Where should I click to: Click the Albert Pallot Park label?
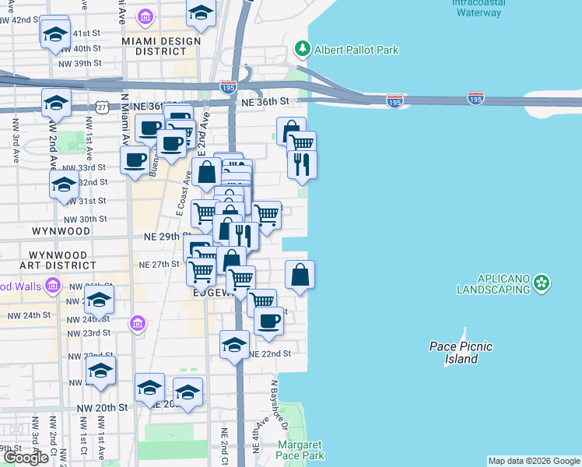pos(356,50)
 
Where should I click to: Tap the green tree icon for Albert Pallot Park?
pos(302,50)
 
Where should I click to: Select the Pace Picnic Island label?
pos(461,353)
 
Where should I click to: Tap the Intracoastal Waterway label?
pos(478,8)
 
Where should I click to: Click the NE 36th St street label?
pos(265,102)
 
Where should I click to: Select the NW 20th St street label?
pos(102,407)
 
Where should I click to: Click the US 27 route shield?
pos(102,107)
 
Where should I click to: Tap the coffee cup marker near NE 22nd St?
pos(269,321)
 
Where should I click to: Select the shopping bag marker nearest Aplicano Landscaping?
pos(300,274)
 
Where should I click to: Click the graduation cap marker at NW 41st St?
pos(55,33)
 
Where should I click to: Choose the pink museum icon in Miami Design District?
pos(145,16)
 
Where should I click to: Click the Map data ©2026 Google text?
pos(533,461)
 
